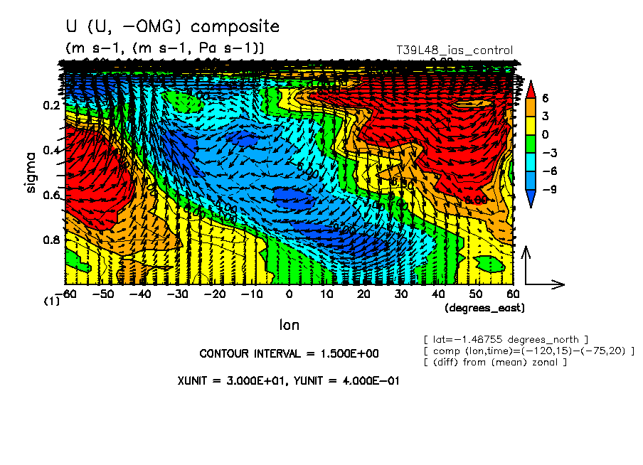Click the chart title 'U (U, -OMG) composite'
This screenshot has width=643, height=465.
[171, 27]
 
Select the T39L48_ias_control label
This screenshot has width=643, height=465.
[454, 50]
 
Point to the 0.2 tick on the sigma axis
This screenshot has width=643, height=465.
[51, 105]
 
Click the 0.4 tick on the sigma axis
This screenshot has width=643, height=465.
[51, 150]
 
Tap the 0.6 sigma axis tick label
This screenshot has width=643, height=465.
[51, 195]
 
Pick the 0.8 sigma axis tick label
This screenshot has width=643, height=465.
[51, 240]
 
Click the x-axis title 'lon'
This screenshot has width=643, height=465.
[289, 325]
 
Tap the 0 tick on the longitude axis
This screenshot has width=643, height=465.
[289, 294]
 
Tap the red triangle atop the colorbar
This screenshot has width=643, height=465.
[530, 89]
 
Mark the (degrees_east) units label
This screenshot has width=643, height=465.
[484, 308]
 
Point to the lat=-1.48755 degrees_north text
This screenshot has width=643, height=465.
[505, 339]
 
